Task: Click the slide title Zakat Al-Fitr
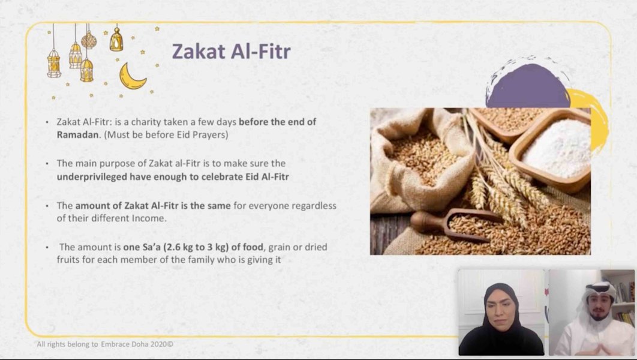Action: pyautogui.click(x=231, y=52)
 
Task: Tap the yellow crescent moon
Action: pyautogui.click(x=131, y=76)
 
